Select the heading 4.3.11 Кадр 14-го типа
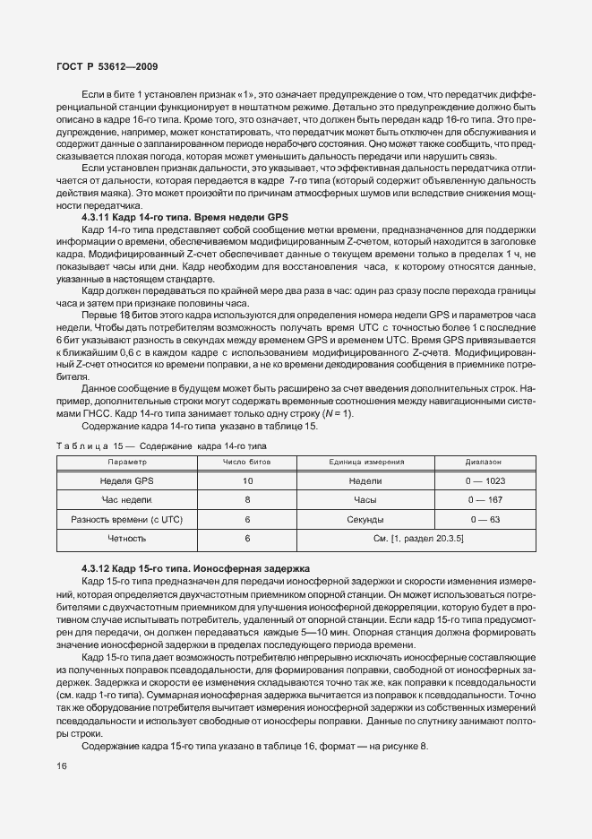(175, 217)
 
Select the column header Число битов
(247, 462)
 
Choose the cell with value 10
(247, 480)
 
